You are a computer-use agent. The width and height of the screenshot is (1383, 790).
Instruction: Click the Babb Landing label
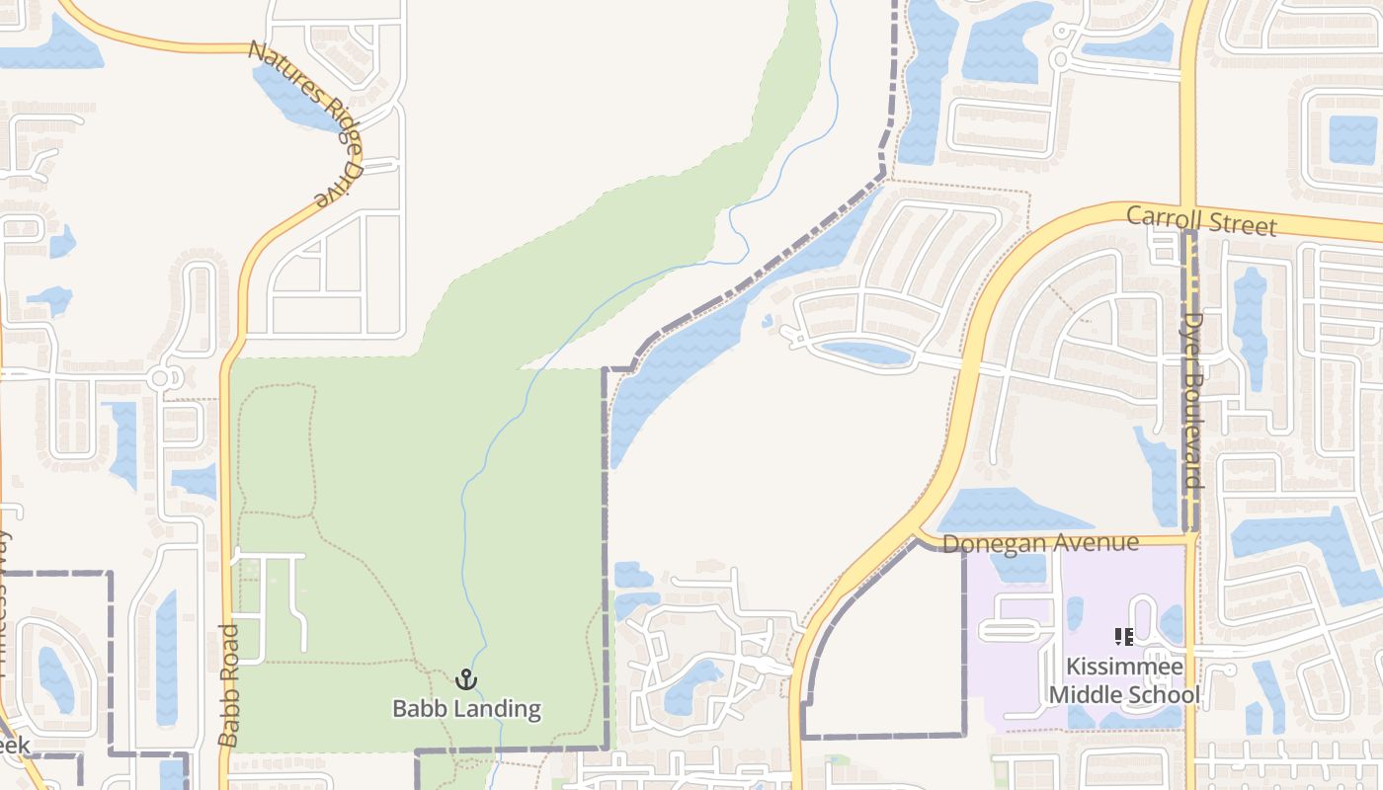(x=466, y=708)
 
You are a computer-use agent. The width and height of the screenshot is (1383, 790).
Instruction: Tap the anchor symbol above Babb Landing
(x=466, y=679)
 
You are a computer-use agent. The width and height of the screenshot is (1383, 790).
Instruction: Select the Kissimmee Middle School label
(x=1124, y=680)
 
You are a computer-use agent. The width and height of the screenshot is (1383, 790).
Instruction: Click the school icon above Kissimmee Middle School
(x=1124, y=637)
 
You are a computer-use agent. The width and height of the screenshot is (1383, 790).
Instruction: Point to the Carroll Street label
(x=1201, y=220)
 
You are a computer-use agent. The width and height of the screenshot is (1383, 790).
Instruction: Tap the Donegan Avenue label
(x=1040, y=543)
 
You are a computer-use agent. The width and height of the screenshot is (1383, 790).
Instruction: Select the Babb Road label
(x=229, y=684)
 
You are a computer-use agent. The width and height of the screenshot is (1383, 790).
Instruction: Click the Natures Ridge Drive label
(x=307, y=122)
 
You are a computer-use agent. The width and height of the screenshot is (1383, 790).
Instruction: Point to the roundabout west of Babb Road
(x=161, y=377)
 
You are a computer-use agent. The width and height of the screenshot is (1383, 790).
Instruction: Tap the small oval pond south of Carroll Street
(x=866, y=352)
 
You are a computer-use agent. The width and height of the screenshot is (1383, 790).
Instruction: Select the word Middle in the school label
(x=1084, y=695)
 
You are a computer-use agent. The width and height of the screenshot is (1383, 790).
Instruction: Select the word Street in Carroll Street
(x=1242, y=224)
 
